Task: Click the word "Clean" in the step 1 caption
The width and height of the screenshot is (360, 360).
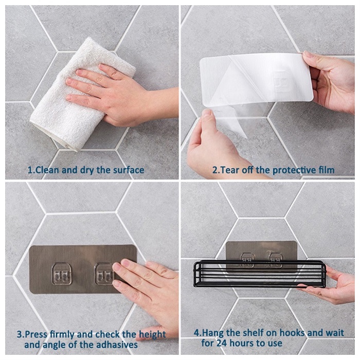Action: [47, 170]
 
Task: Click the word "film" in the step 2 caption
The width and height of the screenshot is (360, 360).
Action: [326, 170]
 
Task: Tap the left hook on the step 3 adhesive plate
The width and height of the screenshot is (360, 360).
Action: [61, 274]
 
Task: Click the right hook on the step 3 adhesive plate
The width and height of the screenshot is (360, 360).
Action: [104, 274]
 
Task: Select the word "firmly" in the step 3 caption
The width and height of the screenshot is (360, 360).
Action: [63, 334]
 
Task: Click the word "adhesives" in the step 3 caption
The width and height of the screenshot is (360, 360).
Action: [117, 345]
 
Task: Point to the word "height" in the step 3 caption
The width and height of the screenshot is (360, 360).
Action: [152, 335]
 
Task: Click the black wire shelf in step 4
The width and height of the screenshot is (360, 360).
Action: [260, 274]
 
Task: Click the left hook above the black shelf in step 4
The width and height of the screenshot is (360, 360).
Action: [247, 260]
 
